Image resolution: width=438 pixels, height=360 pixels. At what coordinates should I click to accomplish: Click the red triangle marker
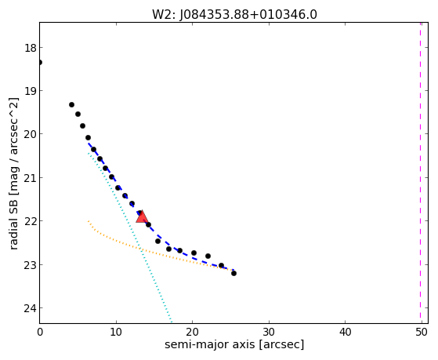[142, 216]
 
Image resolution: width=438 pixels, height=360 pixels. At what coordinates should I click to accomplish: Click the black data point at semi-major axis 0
[40, 62]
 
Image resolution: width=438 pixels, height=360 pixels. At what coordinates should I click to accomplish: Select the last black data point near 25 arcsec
[233, 273]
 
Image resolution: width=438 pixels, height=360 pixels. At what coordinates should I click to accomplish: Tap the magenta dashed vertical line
[420, 173]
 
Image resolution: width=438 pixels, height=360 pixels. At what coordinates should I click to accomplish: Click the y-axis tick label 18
[31, 48]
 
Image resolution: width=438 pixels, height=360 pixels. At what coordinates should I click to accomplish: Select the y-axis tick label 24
[31, 308]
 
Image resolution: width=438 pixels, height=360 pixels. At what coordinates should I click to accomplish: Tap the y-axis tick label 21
[31, 178]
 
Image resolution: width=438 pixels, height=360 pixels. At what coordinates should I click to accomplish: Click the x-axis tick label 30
[269, 332]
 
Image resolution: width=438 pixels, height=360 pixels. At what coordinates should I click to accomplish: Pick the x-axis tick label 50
[422, 332]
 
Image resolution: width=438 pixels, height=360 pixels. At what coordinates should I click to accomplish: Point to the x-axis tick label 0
[40, 332]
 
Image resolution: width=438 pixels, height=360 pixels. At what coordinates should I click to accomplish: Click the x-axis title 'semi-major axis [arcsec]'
[234, 344]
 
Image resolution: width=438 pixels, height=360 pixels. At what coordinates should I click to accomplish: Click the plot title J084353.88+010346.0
[248, 15]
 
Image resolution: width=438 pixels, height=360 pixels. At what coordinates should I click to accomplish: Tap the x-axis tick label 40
[345, 332]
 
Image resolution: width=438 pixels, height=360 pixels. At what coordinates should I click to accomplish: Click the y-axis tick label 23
[31, 264]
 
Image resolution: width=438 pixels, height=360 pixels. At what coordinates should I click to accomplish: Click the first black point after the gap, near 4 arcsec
[71, 104]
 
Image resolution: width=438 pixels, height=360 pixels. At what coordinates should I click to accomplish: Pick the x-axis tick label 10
[116, 332]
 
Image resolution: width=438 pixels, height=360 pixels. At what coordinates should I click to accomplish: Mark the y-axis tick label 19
[31, 91]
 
